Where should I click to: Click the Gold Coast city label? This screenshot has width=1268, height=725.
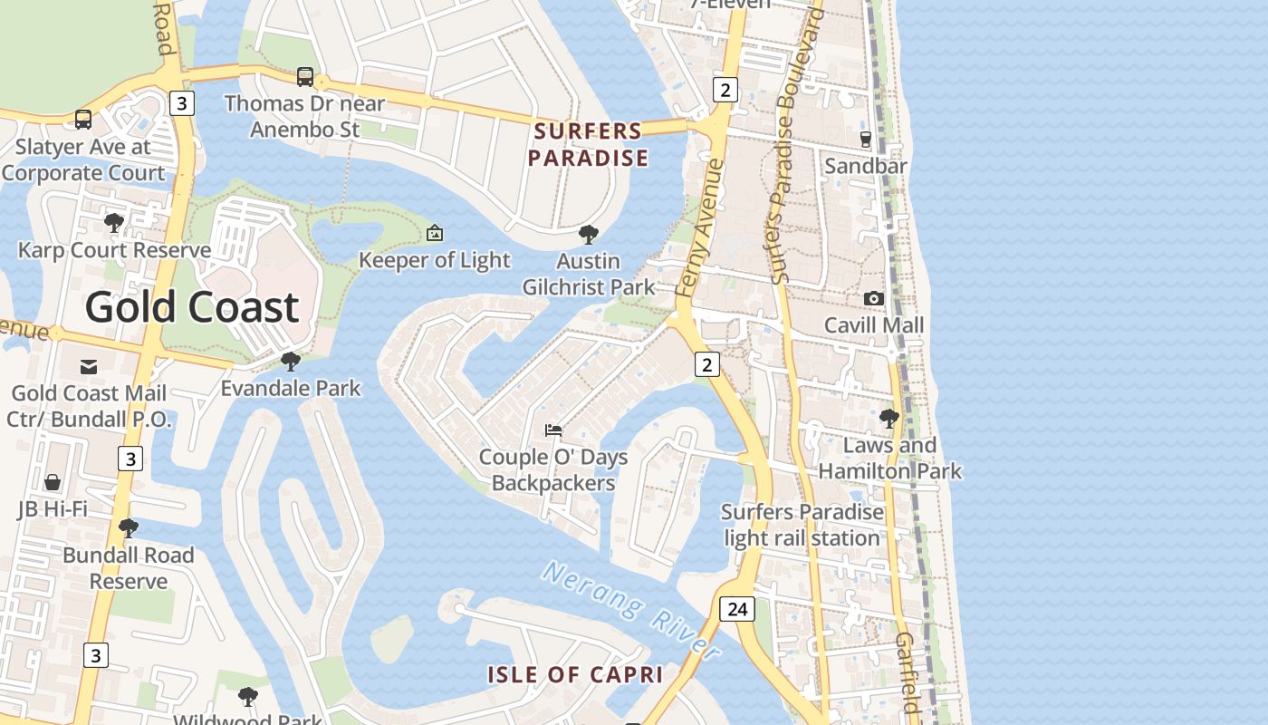point(191,307)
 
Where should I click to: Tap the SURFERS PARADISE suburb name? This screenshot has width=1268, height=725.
point(588,144)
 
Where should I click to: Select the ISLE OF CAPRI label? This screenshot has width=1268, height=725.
point(575,674)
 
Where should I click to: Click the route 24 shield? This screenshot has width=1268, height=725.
point(736,608)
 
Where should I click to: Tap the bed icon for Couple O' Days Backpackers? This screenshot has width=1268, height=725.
point(553,430)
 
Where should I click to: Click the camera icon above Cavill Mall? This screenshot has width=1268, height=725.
point(873,298)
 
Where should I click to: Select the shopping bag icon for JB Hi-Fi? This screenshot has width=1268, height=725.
point(53,481)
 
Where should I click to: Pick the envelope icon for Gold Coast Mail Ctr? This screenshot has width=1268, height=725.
point(89,366)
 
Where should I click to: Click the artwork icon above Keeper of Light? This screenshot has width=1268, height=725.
point(435,234)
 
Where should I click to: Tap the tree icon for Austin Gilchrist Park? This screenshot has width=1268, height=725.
point(589,235)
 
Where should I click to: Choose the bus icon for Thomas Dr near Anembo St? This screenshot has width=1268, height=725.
point(305,77)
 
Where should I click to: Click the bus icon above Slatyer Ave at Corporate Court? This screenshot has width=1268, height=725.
point(83,119)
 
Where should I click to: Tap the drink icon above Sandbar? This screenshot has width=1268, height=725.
point(865,139)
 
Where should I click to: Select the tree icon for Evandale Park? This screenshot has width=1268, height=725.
point(291,362)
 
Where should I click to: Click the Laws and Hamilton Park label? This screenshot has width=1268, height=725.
point(889,458)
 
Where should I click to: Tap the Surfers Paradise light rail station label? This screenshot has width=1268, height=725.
point(802,525)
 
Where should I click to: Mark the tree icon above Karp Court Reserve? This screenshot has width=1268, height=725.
point(114,223)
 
